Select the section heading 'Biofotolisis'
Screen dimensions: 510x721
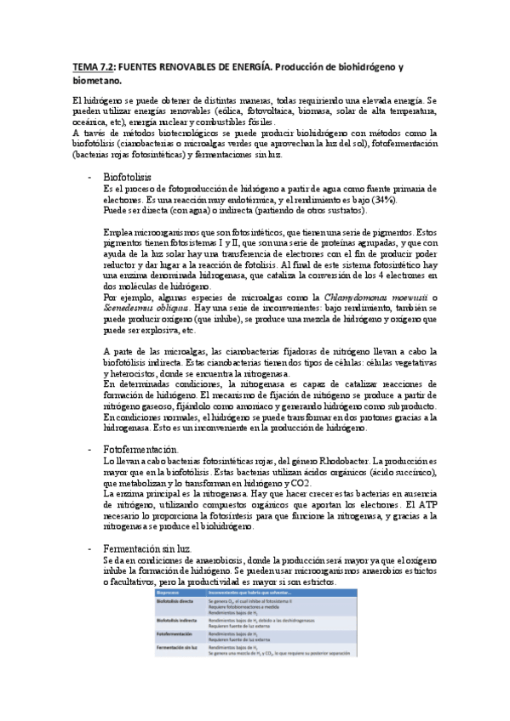[126, 176]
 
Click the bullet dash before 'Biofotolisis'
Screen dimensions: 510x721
[91, 176]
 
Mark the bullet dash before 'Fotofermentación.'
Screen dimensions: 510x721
[91, 449]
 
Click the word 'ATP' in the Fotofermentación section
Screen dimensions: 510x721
[428, 491]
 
